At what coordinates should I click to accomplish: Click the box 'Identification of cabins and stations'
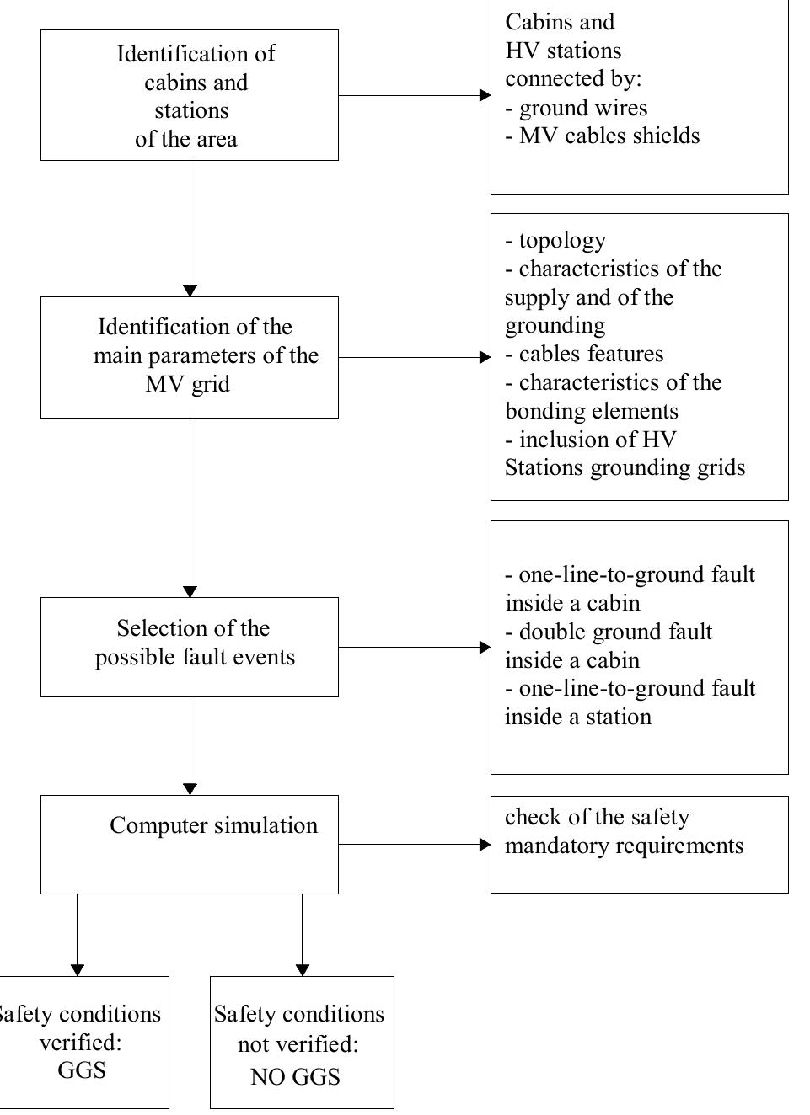coord(189,95)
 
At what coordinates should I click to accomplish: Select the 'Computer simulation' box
coord(189,844)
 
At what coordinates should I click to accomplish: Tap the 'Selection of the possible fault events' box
coord(189,647)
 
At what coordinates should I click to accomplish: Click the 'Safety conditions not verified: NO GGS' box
coord(301,1042)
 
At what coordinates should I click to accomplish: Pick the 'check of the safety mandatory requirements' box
coord(639,844)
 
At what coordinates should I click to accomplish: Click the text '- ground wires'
coord(577,108)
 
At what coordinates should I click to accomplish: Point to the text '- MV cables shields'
coord(603,136)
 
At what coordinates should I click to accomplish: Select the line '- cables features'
coord(584,354)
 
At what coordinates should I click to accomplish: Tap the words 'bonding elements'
coord(592,411)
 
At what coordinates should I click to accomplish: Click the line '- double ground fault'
coord(609,632)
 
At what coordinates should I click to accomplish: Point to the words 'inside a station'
coord(578,717)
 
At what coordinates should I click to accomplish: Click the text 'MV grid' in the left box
coord(187,384)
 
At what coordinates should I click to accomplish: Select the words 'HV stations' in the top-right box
coord(563,51)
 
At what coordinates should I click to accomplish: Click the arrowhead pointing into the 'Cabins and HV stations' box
coord(485,95)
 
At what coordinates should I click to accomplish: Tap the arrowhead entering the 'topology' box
coord(485,357)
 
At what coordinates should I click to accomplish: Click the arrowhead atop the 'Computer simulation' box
coord(190,789)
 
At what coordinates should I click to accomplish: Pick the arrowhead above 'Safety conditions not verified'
coord(302,970)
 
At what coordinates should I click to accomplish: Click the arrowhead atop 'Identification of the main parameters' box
coord(190,291)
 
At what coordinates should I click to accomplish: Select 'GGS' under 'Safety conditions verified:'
coord(82,1070)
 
